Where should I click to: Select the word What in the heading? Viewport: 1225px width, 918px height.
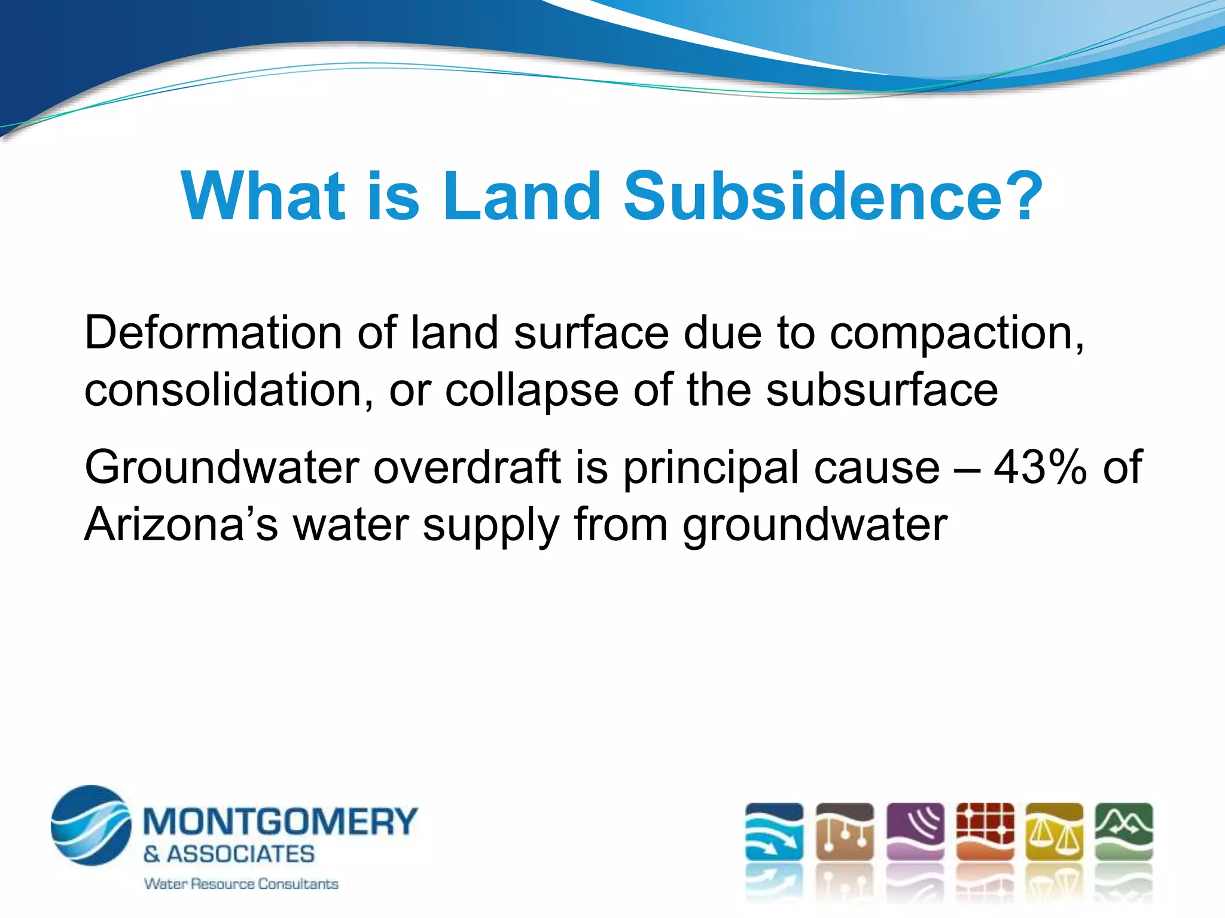point(264,196)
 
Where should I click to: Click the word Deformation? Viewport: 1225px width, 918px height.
point(213,332)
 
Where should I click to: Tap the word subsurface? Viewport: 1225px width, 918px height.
point(882,390)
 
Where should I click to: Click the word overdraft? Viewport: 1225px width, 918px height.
point(467,467)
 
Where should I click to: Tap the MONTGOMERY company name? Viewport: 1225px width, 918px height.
point(280,821)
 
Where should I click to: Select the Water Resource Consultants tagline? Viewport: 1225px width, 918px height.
point(241,883)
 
